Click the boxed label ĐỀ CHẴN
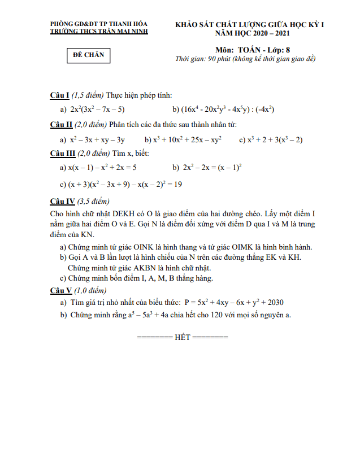coord(86,55)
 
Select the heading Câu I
coord(59,95)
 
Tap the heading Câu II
coord(60,124)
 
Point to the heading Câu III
coord(62,153)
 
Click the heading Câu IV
coord(62,201)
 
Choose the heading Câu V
coord(60,290)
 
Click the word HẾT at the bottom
coord(183,337)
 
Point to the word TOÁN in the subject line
coord(251,50)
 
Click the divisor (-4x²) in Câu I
coord(264,109)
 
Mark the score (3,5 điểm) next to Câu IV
coord(93,201)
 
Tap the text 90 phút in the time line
coord(221,59)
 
